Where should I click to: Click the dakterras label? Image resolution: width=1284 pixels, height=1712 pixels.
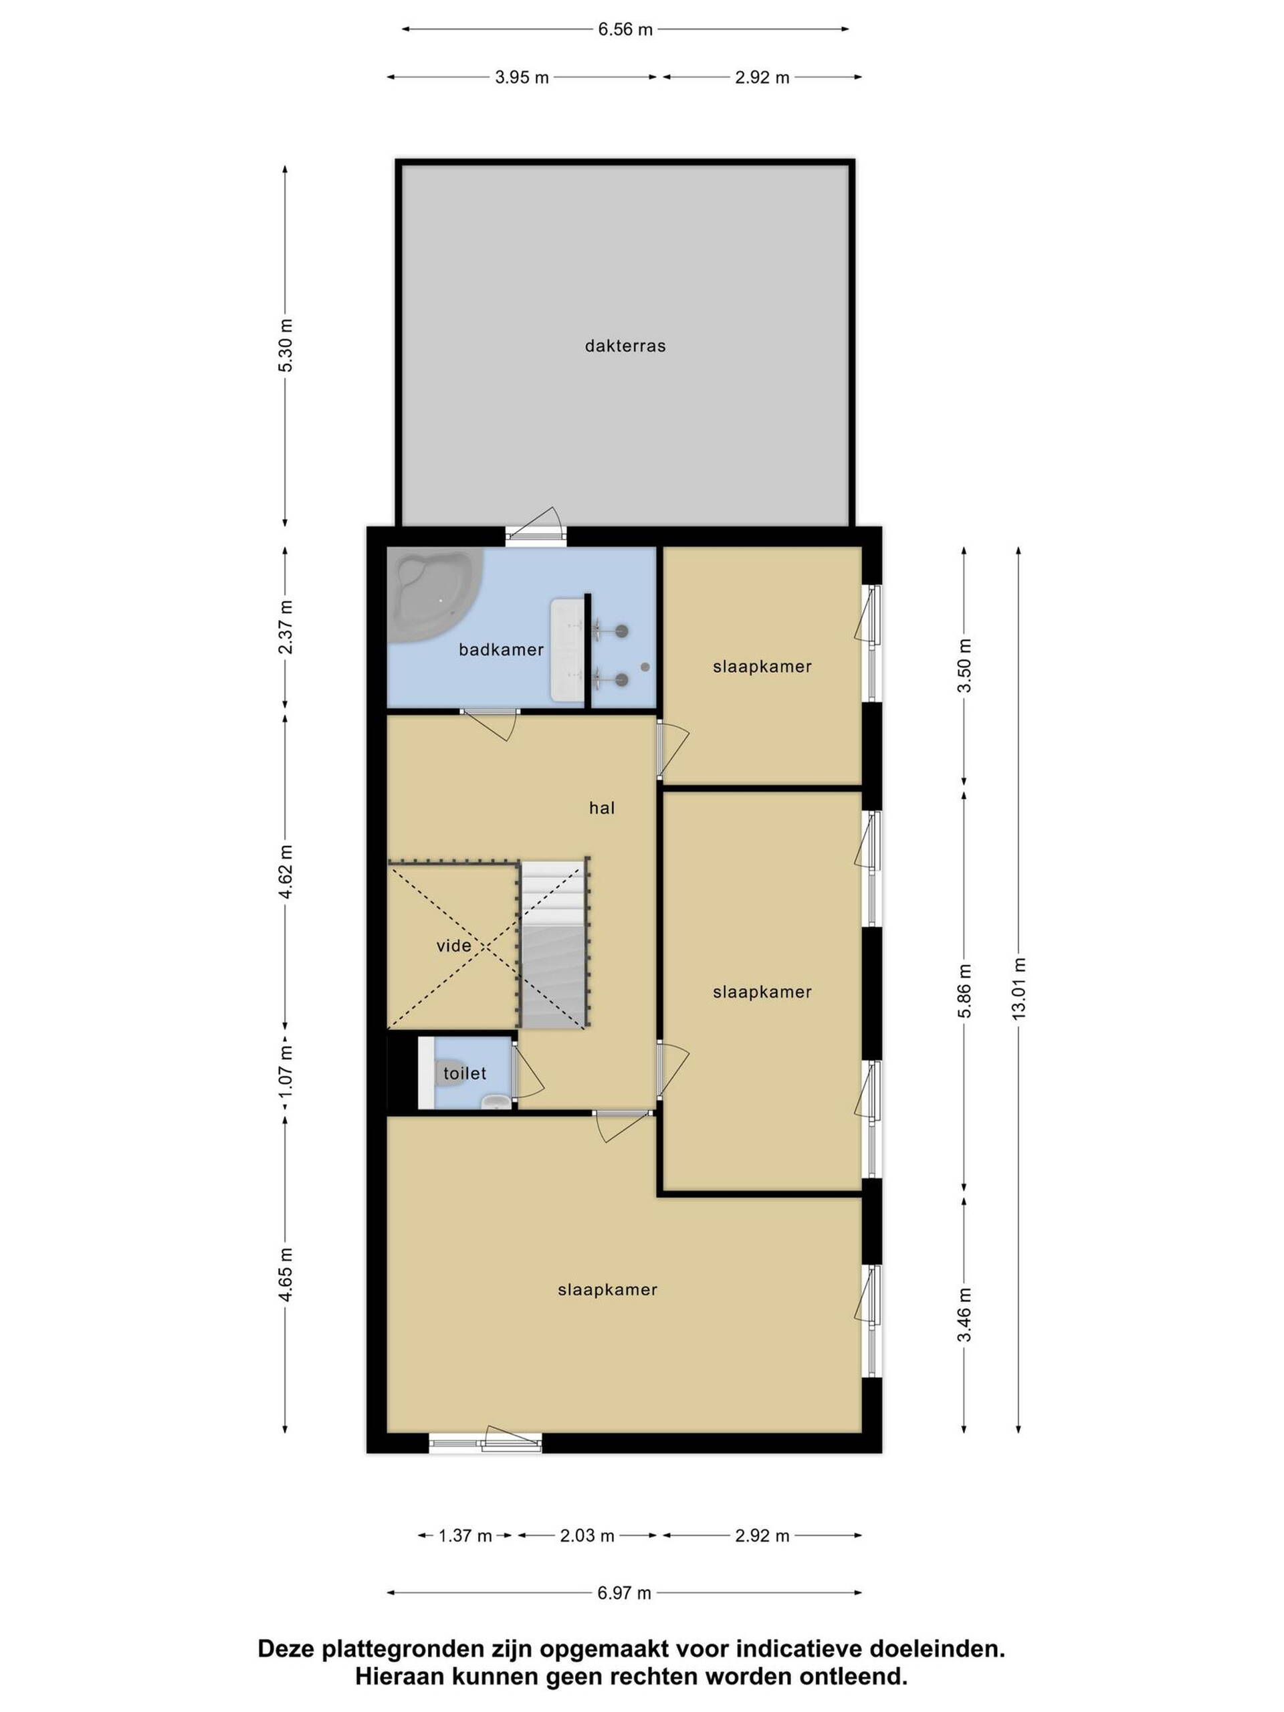(625, 346)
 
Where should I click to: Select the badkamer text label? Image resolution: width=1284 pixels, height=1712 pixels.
(501, 649)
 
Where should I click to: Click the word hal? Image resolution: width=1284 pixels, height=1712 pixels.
(601, 808)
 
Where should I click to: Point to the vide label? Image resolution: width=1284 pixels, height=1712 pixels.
(453, 946)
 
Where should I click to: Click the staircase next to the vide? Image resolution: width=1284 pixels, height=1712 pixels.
(552, 944)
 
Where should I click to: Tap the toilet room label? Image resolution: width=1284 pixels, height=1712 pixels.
(464, 1073)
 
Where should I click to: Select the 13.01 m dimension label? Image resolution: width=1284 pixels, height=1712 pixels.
(1019, 988)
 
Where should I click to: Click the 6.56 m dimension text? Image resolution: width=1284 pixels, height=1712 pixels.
(625, 29)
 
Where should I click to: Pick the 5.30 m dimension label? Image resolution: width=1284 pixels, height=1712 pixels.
(286, 345)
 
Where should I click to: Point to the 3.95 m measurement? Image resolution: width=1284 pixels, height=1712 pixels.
(522, 78)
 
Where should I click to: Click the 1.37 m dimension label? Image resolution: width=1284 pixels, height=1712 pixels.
(465, 1535)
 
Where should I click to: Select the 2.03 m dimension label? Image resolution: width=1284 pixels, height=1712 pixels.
(586, 1535)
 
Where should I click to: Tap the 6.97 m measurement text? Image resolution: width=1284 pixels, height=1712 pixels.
(624, 1593)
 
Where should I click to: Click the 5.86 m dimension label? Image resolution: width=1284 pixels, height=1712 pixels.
(964, 992)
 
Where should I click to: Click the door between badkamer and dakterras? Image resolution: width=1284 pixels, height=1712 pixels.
(536, 526)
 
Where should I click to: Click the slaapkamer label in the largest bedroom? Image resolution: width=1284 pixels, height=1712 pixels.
(607, 1289)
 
